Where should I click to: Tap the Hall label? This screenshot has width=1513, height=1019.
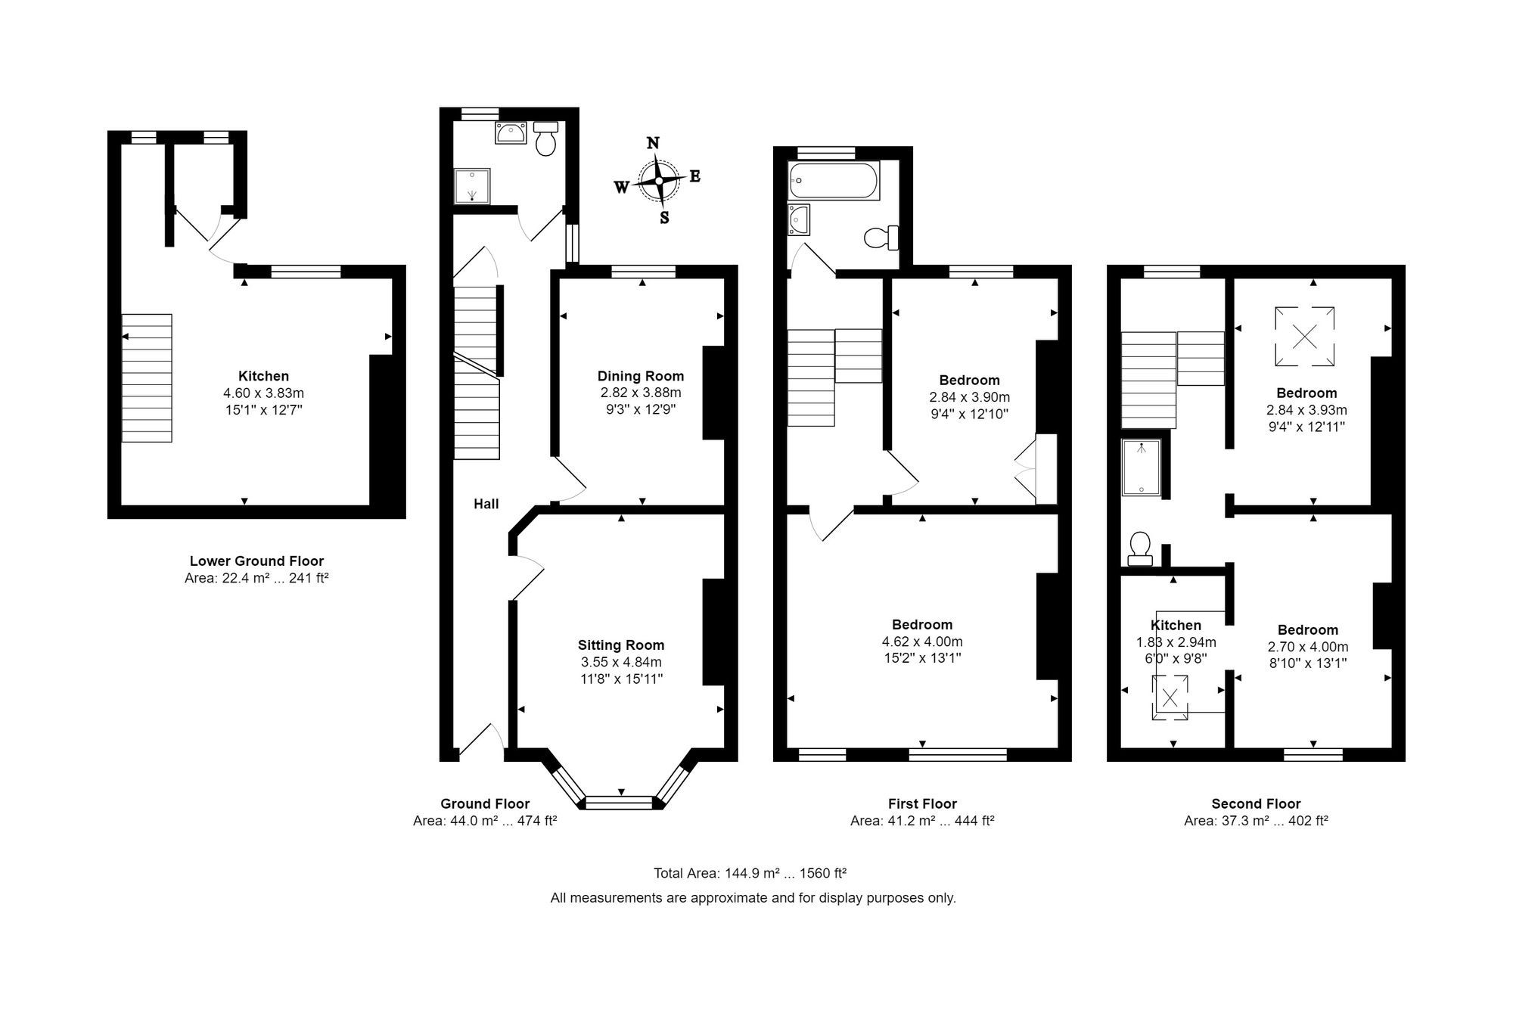[x=486, y=504]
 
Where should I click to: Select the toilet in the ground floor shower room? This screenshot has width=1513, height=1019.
[x=545, y=139]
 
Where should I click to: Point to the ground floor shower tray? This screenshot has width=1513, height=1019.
[x=472, y=186]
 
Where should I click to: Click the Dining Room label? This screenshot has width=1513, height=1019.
[x=640, y=376]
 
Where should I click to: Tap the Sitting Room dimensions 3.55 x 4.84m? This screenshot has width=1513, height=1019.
[x=620, y=662]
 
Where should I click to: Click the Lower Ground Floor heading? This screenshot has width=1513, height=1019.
[x=256, y=561]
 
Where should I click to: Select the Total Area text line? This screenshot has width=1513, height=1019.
[x=750, y=873]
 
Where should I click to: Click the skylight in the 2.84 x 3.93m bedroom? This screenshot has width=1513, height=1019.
[x=1304, y=336]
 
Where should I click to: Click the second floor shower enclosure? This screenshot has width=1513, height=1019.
[x=1142, y=468]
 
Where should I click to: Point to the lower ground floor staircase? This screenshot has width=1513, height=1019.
[x=147, y=377]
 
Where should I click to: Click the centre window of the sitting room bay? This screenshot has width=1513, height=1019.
[x=620, y=802]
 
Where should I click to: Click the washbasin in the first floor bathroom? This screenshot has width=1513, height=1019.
[x=798, y=220]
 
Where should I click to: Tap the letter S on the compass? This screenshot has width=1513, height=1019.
[x=664, y=218]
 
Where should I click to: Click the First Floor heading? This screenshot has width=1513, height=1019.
[x=922, y=804]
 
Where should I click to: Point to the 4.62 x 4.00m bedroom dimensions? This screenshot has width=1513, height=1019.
[x=922, y=642]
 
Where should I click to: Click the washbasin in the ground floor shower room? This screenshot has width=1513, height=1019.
[x=511, y=133]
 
